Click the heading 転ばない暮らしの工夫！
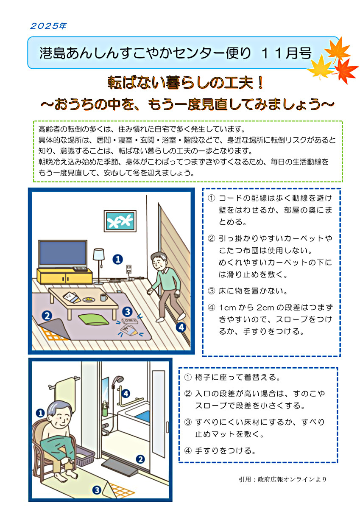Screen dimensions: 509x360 pyautogui.click(x=180, y=83)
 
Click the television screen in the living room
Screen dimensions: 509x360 pyautogui.click(x=62, y=253)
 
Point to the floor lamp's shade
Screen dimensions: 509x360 pyautogui.click(x=99, y=255)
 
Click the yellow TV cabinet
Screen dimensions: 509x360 pyautogui.click(x=64, y=276)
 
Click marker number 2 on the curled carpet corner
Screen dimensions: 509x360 pyautogui.click(x=47, y=315)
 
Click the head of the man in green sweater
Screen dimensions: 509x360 pyautogui.click(x=159, y=262)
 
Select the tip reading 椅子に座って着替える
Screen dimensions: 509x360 pyautogui.click(x=232, y=377)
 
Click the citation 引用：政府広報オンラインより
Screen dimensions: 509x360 pyautogui.click(x=282, y=479)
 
